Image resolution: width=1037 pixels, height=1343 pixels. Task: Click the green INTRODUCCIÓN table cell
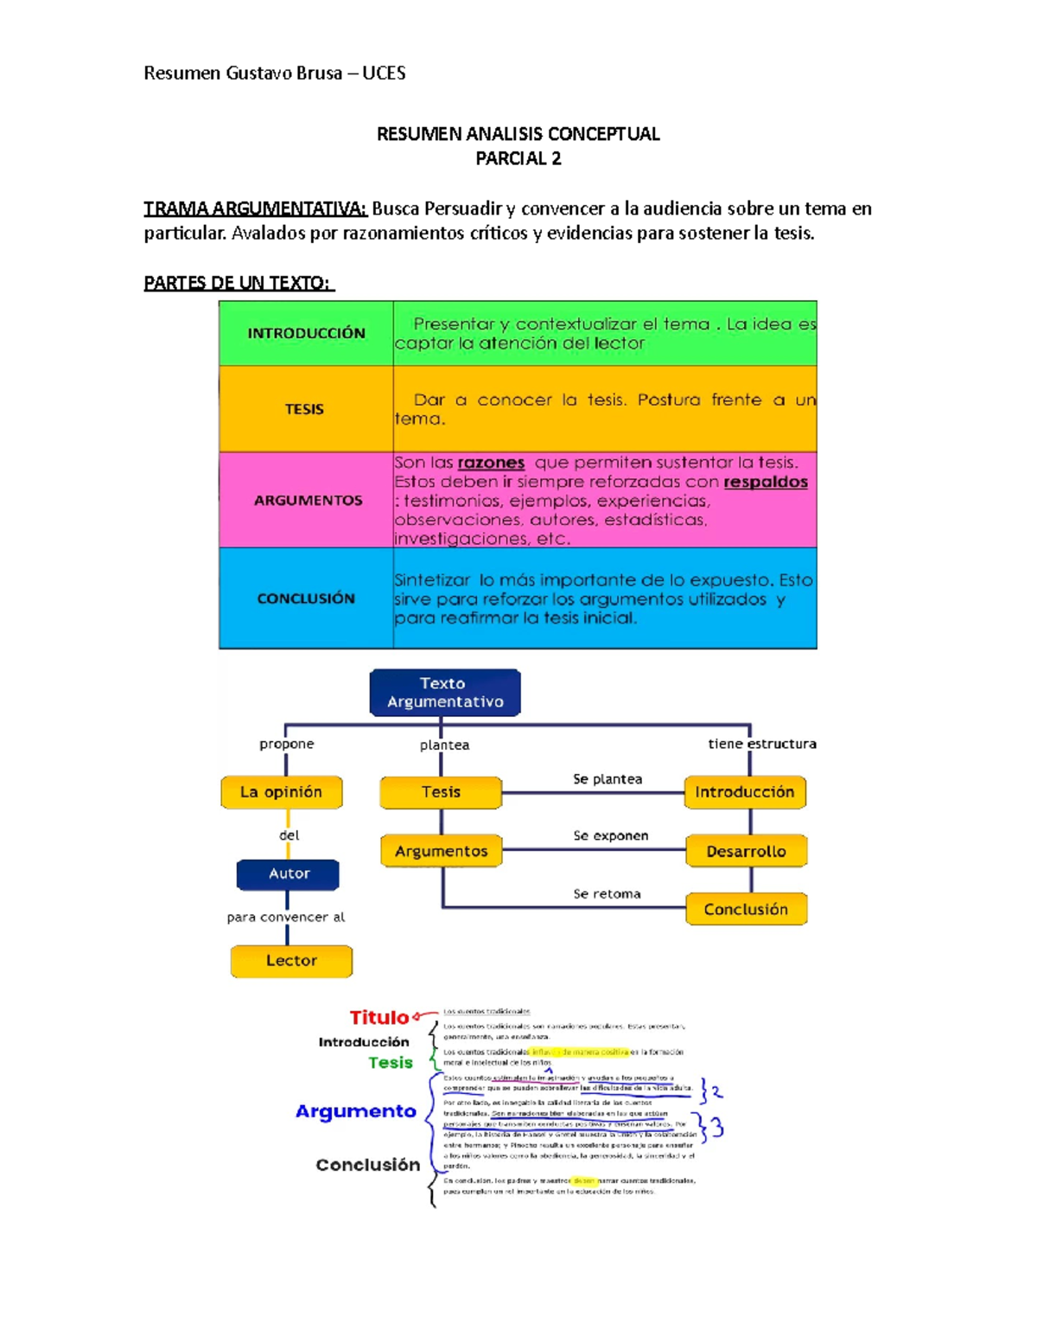point(306,334)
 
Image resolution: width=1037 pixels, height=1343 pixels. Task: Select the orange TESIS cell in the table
point(305,409)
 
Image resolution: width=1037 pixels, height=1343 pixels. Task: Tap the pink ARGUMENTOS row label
point(308,501)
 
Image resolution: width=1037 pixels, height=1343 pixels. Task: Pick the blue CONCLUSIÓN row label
point(306,598)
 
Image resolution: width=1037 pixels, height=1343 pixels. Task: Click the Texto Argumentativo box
point(445,693)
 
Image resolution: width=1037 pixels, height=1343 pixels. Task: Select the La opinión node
point(282,792)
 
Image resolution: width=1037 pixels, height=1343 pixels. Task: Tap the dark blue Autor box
point(289,874)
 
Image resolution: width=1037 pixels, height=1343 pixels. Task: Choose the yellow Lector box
point(291,961)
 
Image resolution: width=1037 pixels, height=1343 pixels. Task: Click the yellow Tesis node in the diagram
point(441,792)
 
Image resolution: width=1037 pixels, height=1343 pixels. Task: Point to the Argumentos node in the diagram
point(442,852)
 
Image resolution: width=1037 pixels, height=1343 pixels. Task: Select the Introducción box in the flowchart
point(745,792)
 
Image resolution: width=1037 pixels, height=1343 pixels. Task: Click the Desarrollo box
point(747,852)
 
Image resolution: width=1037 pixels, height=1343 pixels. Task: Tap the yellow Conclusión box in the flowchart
point(746,910)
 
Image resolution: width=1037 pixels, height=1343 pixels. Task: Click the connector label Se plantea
point(608,779)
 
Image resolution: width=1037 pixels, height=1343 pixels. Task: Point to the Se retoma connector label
point(607,894)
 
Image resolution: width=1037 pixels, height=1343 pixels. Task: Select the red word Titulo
point(379,1018)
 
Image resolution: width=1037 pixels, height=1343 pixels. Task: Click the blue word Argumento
point(356,1111)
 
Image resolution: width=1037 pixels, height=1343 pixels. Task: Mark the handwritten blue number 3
point(717,1128)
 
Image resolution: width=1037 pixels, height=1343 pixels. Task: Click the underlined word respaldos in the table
point(766,482)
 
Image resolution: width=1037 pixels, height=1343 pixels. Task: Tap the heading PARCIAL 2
point(518,158)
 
